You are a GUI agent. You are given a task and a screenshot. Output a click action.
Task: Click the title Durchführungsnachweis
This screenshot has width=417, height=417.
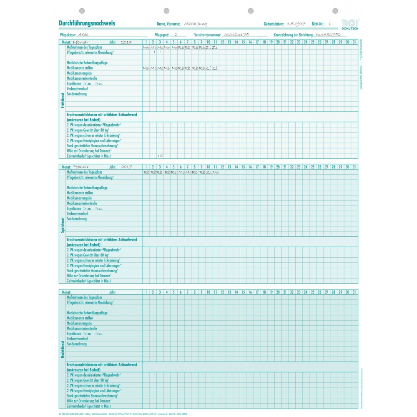(87, 23)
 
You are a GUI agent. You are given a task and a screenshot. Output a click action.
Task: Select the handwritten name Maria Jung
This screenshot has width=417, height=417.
(196, 24)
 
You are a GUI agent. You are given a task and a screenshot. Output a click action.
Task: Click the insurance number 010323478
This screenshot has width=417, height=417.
(236, 35)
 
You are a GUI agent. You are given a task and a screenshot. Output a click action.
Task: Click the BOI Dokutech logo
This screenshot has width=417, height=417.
(350, 24)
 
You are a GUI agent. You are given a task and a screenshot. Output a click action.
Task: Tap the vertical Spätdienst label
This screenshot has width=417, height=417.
(63, 225)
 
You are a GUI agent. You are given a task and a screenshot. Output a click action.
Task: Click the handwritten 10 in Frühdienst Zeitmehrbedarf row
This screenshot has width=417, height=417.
(160, 156)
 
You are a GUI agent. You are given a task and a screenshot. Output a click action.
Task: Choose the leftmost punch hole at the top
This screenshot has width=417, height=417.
(82, 11)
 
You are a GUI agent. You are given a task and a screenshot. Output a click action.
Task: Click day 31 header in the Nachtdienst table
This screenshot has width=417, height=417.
(354, 292)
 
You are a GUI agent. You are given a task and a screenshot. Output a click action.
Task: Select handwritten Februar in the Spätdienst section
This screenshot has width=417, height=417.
(80, 167)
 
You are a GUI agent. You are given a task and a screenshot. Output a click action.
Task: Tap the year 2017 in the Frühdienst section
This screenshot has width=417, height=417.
(126, 42)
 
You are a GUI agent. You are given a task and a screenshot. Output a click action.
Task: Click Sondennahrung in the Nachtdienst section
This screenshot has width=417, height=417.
(77, 344)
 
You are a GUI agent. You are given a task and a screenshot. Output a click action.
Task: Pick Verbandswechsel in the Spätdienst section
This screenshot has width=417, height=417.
(77, 214)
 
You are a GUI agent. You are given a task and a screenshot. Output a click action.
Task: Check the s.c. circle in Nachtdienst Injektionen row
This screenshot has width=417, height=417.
(96, 334)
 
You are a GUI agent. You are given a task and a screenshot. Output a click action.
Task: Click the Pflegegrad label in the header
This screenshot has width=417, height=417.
(162, 35)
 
